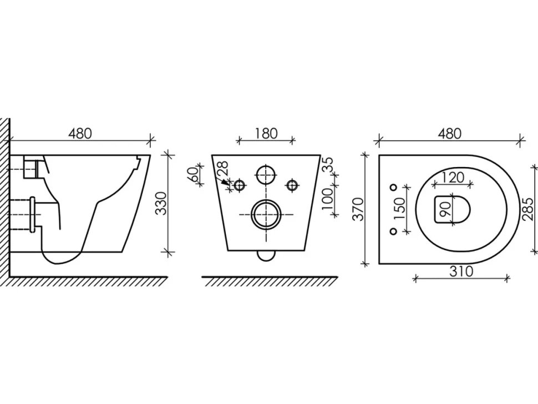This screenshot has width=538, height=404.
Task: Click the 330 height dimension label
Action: coord(161,203)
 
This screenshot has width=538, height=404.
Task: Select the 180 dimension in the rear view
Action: coord(266,134)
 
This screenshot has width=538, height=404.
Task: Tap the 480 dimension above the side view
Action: coord(80,134)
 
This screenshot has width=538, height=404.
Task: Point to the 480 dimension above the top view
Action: coord(449,134)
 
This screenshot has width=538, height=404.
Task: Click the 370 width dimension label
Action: coord(358,209)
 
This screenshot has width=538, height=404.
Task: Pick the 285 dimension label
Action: coord(529,209)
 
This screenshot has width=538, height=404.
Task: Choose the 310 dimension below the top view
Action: coord(461,271)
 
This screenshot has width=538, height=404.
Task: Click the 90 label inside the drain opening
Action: coord(445,209)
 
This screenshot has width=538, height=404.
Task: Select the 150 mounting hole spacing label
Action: coord(400,209)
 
